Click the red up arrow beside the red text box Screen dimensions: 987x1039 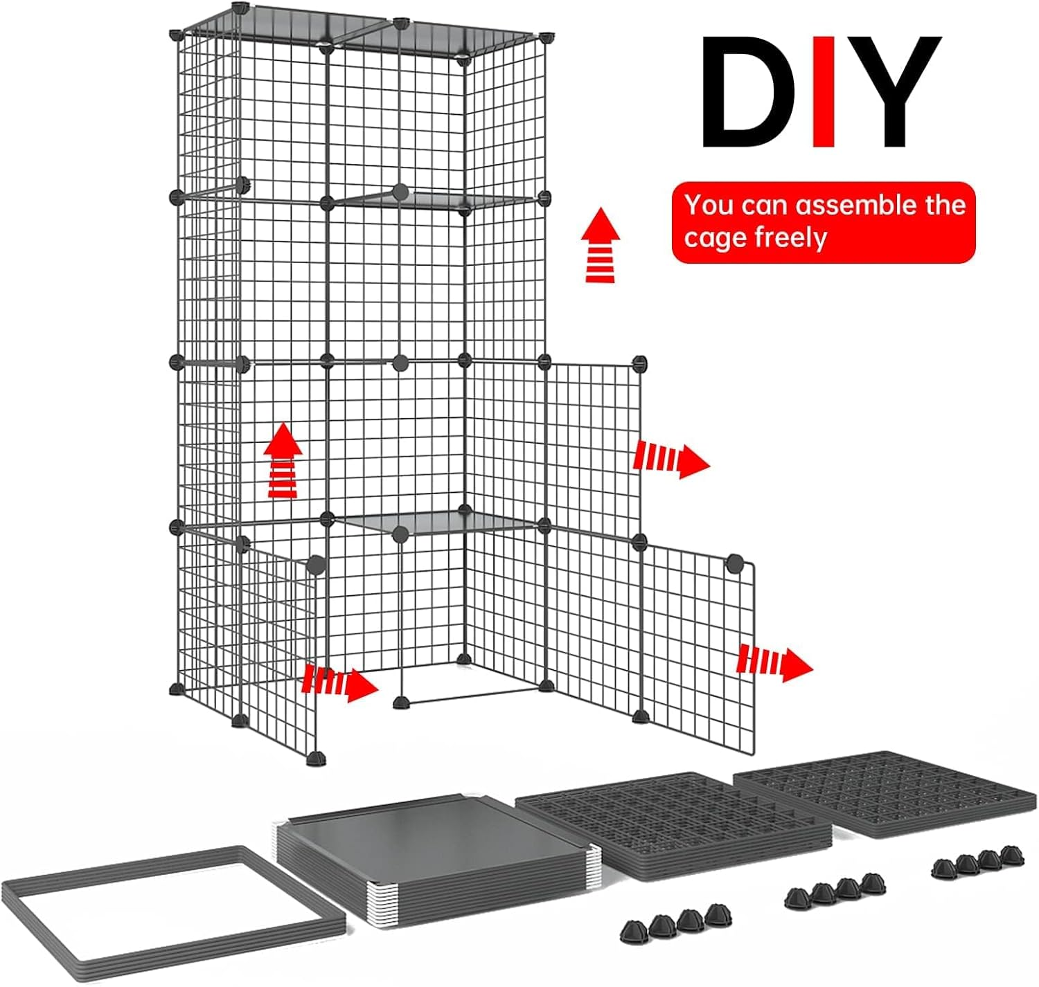(601, 246)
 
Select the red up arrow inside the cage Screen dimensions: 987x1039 (283, 461)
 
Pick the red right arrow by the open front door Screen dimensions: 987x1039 (340, 682)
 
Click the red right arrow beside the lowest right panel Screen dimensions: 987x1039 (774, 662)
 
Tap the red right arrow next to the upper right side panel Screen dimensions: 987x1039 (671, 459)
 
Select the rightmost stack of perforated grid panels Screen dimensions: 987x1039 (887, 793)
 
